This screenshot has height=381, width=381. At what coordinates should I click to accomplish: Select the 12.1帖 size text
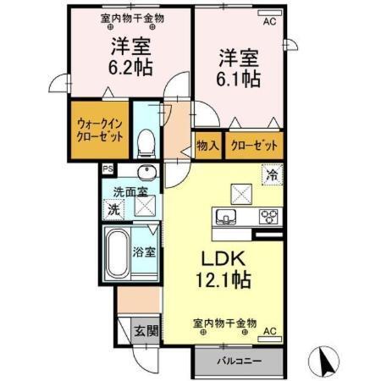pos(224,277)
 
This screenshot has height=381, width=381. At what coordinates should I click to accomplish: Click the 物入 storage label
pos(207,145)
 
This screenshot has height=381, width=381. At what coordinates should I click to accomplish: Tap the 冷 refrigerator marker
pos(273,176)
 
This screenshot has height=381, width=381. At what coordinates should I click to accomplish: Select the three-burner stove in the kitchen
pos(268,215)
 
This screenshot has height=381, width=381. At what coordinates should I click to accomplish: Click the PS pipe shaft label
pos(107,168)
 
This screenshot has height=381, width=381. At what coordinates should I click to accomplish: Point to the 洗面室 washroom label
pos(130,190)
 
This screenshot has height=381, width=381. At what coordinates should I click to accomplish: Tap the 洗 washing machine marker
pos(113,209)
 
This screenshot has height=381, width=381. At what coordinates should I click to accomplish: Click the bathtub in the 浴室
pos(118,251)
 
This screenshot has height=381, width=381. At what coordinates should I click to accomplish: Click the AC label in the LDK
pos(270,330)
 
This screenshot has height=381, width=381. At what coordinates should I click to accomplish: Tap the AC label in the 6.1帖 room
pos(270,23)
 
